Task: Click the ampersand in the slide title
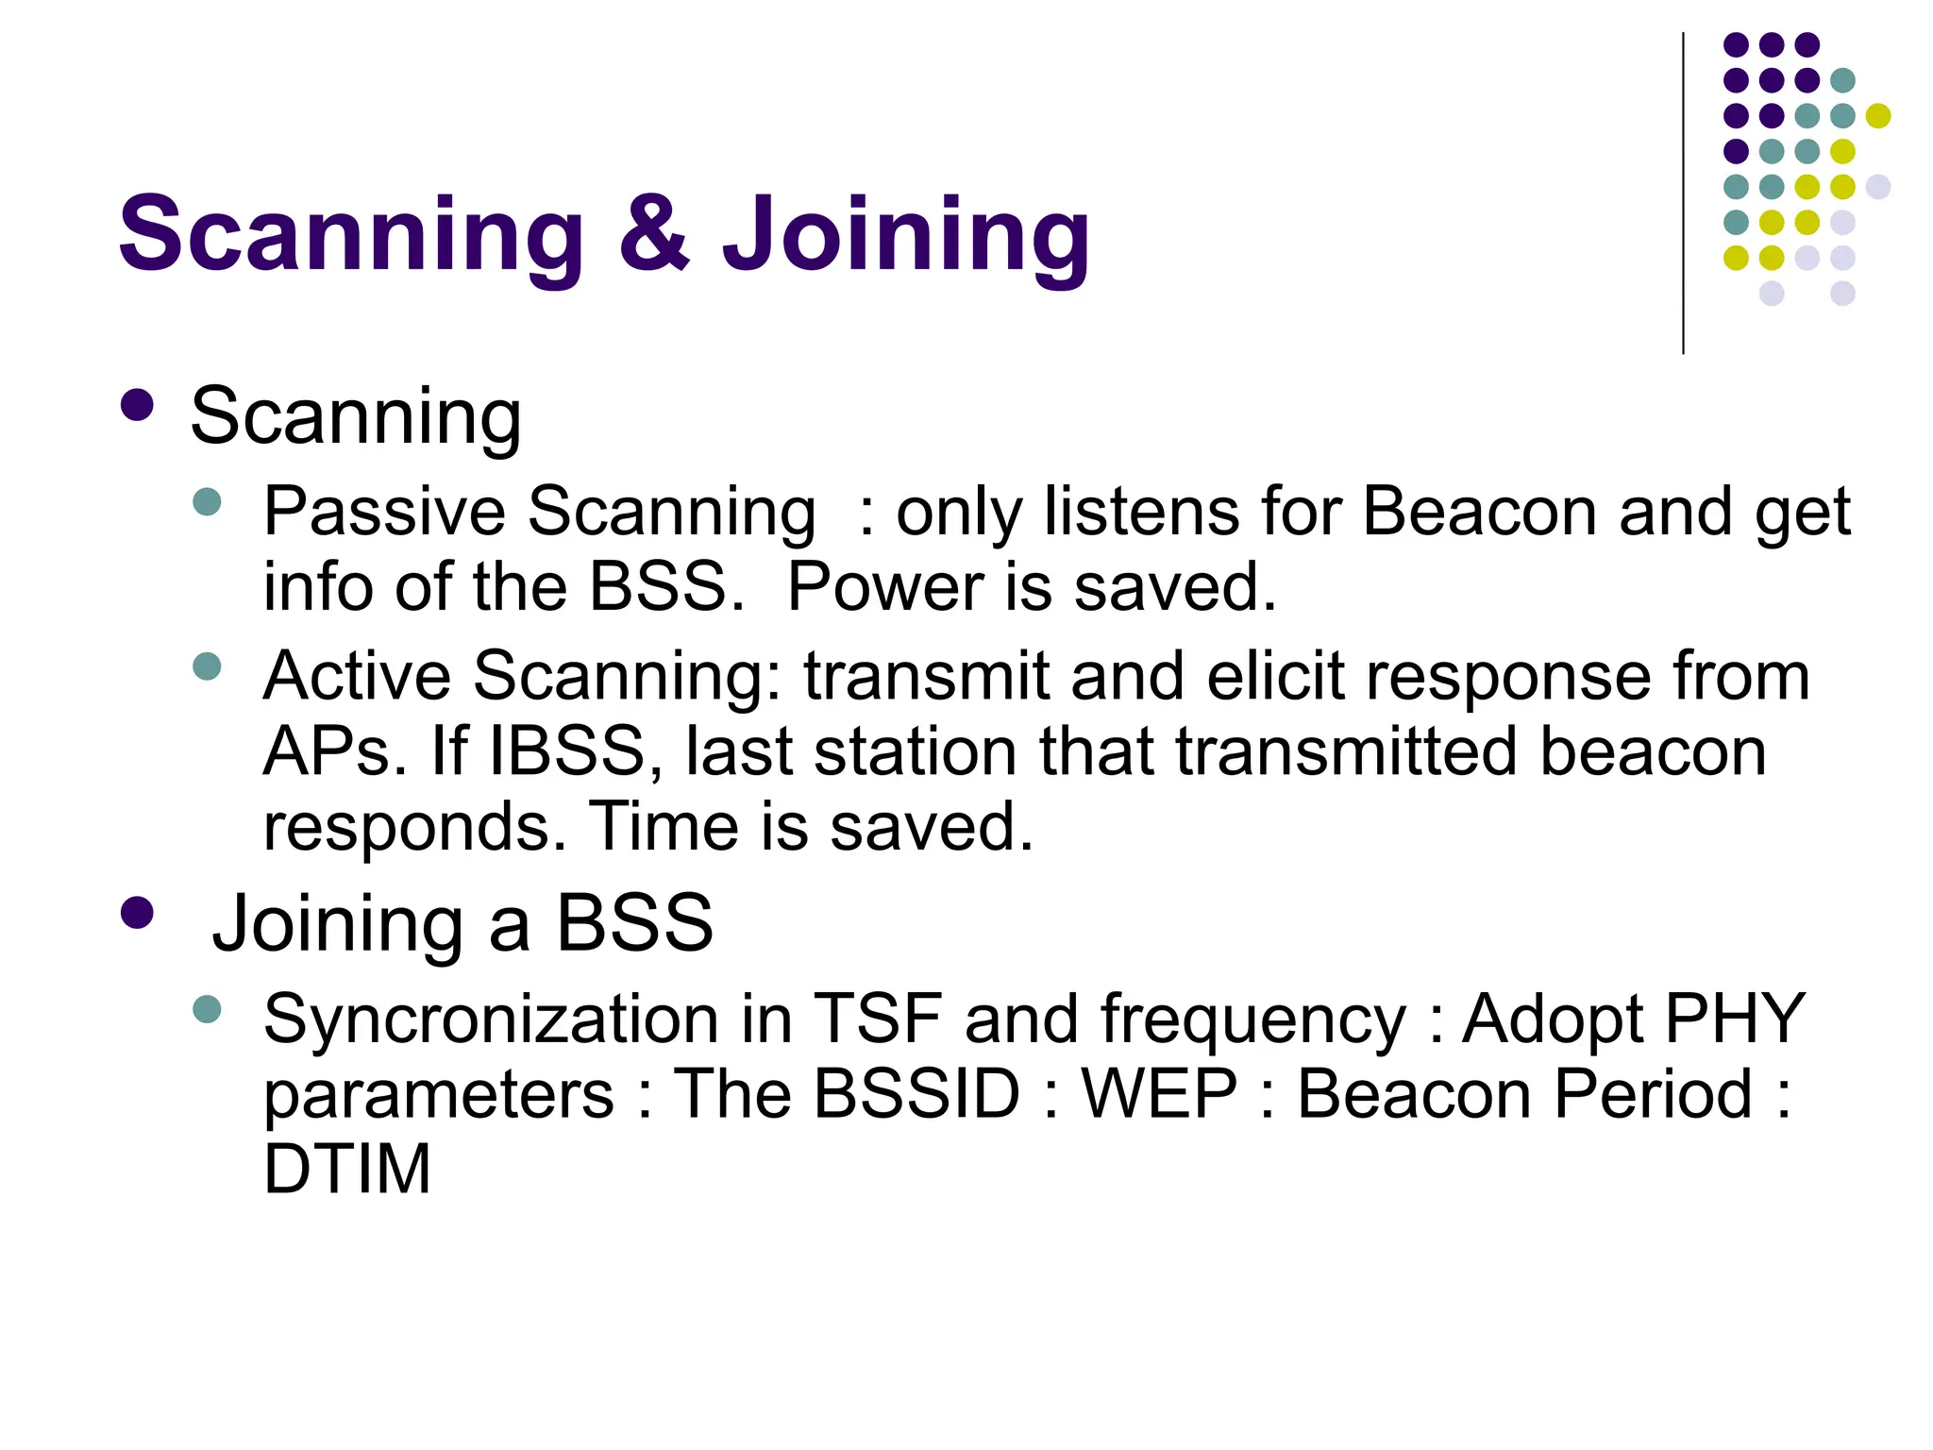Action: pyautogui.click(x=654, y=233)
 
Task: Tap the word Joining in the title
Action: pyautogui.click(x=906, y=236)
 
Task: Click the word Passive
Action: pyautogui.click(x=384, y=512)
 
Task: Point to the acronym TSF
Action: pyautogui.click(x=877, y=1020)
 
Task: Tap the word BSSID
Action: pyautogui.click(x=916, y=1094)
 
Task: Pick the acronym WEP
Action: pyautogui.click(x=1159, y=1094)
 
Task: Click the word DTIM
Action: pyautogui.click(x=346, y=1169)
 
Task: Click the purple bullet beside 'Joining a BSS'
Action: pyautogui.click(x=138, y=913)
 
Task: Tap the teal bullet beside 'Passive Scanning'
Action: pyautogui.click(x=206, y=501)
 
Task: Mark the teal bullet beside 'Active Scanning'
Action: pyautogui.click(x=206, y=666)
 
